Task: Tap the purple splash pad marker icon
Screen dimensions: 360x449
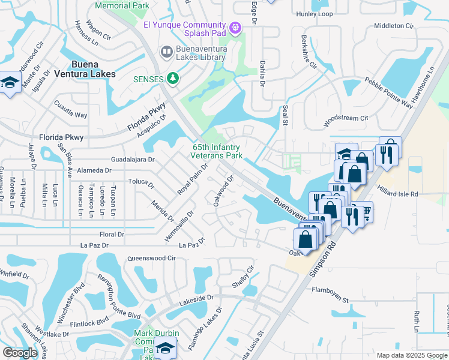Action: [x=235, y=27]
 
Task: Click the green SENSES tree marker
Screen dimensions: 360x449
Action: [x=173, y=79]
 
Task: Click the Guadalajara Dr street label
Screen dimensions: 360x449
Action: [x=133, y=160]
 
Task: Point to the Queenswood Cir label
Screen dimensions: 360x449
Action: [x=151, y=259]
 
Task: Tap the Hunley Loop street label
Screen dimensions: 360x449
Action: [x=314, y=13]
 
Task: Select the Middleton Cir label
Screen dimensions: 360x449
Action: [x=394, y=26]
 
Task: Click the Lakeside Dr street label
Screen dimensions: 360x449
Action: [x=194, y=297]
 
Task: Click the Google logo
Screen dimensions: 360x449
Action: [x=20, y=353]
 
